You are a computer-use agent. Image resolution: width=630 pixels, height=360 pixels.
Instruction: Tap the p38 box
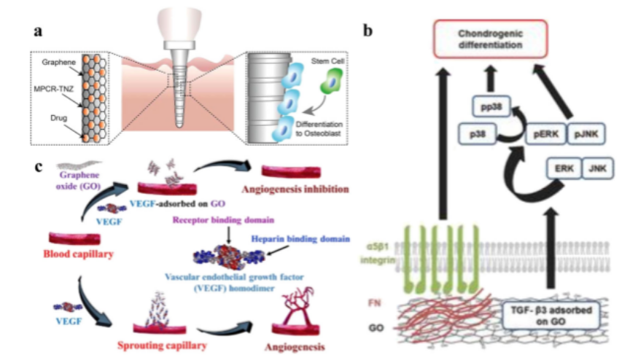(478, 133)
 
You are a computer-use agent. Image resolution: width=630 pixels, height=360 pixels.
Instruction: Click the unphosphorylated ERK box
(564, 170)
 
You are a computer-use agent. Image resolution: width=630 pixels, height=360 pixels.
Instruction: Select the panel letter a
(37, 31)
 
